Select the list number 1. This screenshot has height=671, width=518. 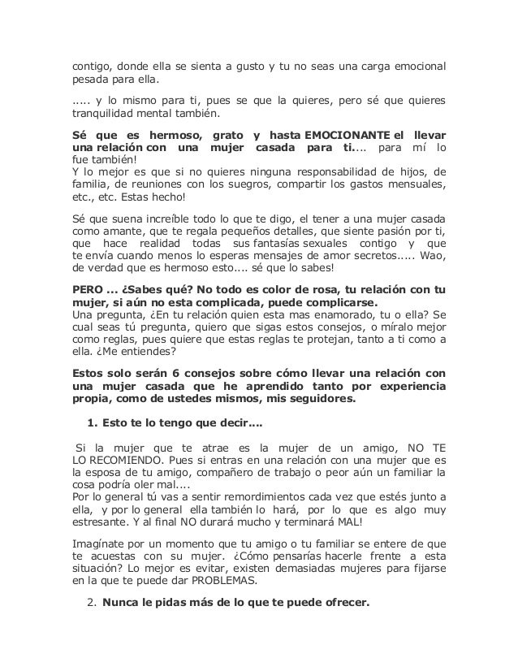pyautogui.click(x=90, y=423)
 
